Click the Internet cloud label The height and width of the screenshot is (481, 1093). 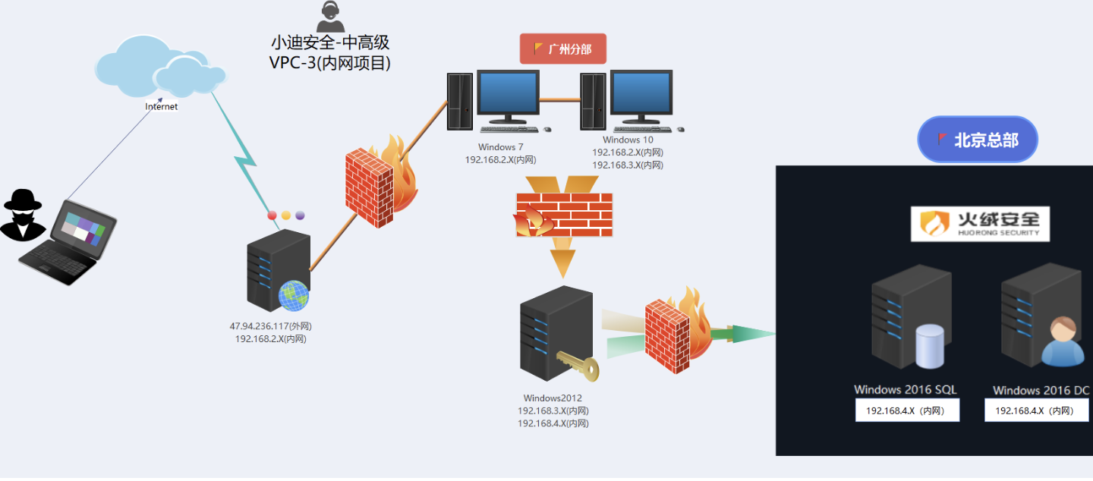point(161,107)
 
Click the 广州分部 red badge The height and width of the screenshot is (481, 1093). point(562,49)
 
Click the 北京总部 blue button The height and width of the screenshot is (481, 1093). point(977,140)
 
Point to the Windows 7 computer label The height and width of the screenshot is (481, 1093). point(500,147)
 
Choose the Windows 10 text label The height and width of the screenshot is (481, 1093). point(628,140)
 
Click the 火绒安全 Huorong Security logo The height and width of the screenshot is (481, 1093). point(980,223)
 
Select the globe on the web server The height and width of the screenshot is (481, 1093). point(294,295)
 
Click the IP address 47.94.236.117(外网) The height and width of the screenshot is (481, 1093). point(271,326)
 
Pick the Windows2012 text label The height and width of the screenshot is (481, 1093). point(553,398)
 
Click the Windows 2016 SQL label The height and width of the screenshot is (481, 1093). point(905,390)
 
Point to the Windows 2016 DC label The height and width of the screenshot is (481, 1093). point(1041,391)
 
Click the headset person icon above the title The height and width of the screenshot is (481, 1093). point(330,17)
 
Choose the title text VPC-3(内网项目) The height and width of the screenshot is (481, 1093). point(330,64)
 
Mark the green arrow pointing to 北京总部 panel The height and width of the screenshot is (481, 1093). point(751,333)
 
